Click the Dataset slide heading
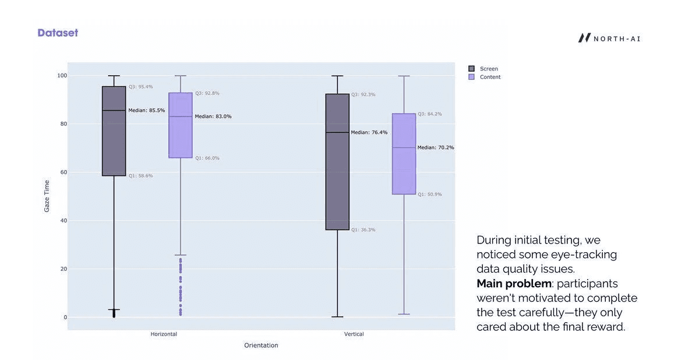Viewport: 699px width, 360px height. click(58, 33)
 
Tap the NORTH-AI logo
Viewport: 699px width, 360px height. click(609, 38)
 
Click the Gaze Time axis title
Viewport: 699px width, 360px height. click(47, 196)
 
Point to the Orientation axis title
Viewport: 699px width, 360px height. click(261, 345)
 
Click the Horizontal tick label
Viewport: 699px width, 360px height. click(164, 334)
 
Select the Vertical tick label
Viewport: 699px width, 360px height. click(354, 334)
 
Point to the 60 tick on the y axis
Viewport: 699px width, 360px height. click(61, 172)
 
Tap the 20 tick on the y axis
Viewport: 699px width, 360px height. click(61, 269)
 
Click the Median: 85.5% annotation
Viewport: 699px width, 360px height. click(146, 111)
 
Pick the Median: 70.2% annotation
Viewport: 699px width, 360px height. click(435, 148)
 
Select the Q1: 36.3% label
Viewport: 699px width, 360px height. click(363, 230)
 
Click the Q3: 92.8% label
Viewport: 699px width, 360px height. click(207, 93)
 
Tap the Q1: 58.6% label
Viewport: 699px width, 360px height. click(140, 176)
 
